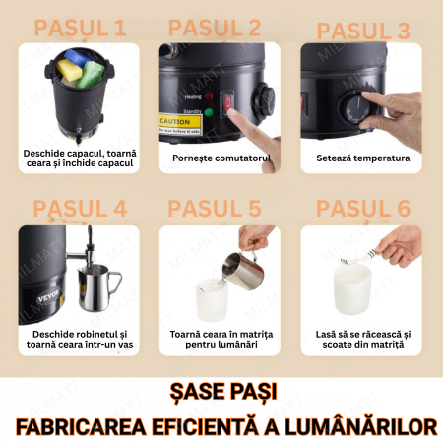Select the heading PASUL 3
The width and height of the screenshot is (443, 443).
[363, 30]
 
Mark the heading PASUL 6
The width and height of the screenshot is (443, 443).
[363, 208]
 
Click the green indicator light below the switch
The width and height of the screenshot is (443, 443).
[210, 111]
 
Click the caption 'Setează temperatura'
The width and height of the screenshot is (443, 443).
[362, 158]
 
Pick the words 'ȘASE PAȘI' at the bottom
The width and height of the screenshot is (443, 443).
[221, 393]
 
